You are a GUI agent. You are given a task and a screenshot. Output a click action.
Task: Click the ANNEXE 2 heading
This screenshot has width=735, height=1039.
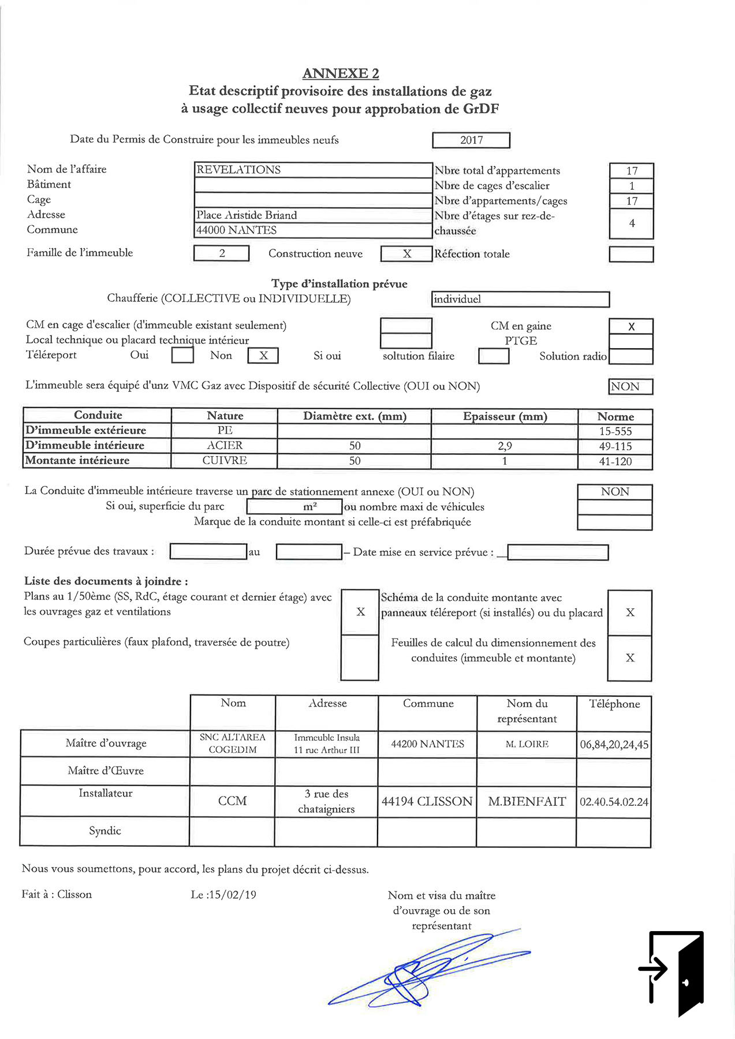[341, 73]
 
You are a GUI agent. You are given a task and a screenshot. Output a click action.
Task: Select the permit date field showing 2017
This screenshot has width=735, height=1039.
[471, 140]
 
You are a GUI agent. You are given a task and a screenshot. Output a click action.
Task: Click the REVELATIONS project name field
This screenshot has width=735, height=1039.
[313, 170]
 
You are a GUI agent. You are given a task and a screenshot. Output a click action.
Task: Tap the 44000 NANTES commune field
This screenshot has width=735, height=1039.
[313, 230]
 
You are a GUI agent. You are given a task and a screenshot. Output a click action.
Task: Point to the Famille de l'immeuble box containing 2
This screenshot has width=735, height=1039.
[222, 253]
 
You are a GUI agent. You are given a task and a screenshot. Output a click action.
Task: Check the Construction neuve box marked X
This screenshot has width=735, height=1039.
[406, 254]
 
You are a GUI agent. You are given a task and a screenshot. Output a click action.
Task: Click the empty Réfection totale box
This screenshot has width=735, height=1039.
[631, 255]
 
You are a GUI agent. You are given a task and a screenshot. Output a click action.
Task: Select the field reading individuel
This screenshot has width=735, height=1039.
[520, 299]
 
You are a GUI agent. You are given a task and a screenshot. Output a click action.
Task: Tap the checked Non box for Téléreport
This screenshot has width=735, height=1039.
[263, 356]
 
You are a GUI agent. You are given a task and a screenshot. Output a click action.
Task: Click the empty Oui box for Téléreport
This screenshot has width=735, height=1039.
[182, 355]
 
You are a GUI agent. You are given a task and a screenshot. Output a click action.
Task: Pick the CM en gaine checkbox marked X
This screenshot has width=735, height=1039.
[631, 326]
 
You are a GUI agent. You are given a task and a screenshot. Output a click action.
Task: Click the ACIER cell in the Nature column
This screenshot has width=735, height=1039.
[225, 446]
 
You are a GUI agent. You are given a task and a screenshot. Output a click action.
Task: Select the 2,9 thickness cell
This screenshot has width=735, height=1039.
[505, 446]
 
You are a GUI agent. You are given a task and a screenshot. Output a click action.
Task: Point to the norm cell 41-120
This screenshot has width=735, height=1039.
[615, 461]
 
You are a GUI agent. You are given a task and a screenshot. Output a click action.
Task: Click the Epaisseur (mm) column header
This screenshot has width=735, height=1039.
[505, 416]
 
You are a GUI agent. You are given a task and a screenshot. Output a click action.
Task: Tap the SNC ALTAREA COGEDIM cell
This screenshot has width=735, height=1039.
[233, 743]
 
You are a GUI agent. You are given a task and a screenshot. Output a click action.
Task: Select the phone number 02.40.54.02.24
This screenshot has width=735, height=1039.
[614, 802]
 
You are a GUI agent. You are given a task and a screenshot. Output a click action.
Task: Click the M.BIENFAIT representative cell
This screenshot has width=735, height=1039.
[527, 802]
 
